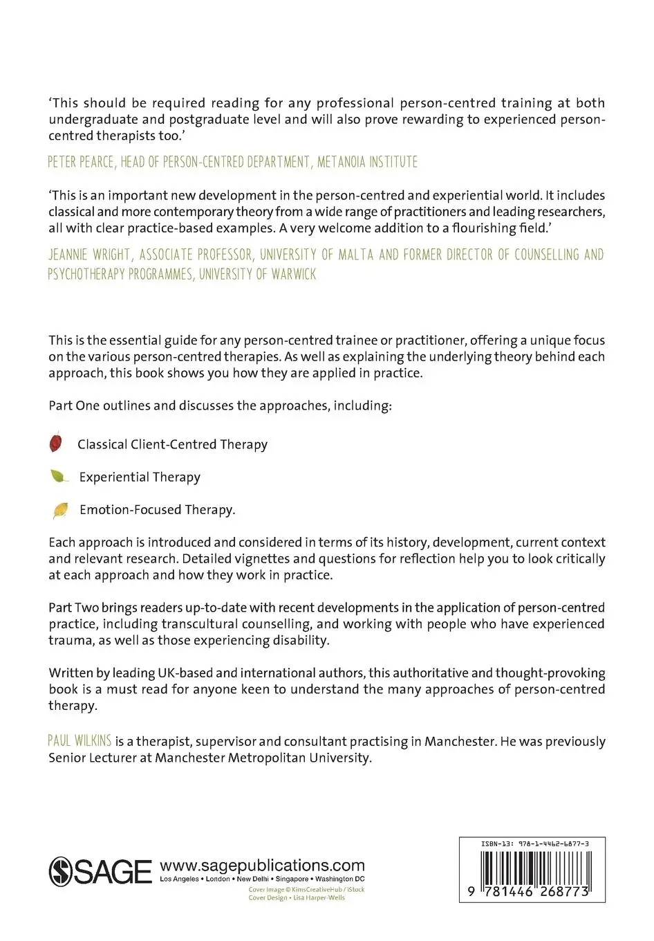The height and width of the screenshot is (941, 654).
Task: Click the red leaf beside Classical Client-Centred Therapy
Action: [56, 443]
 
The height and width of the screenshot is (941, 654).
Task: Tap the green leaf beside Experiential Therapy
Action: [59, 476]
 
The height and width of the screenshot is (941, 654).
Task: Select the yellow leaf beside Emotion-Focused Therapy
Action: [61, 510]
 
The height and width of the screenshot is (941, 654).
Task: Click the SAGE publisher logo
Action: [100, 871]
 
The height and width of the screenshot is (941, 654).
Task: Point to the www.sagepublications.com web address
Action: [262, 866]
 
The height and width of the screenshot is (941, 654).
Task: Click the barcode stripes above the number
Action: [532, 866]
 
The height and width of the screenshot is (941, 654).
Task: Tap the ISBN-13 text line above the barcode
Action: [534, 844]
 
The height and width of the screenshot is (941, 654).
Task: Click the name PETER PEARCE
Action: [80, 162]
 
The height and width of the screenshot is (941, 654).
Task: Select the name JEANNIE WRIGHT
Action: [88, 255]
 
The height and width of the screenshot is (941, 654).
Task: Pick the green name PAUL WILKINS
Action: [80, 741]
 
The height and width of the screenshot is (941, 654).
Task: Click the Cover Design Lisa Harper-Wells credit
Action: [297, 898]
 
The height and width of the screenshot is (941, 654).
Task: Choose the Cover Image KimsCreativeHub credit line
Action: [306, 890]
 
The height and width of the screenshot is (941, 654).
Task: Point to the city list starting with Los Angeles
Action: [262, 879]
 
